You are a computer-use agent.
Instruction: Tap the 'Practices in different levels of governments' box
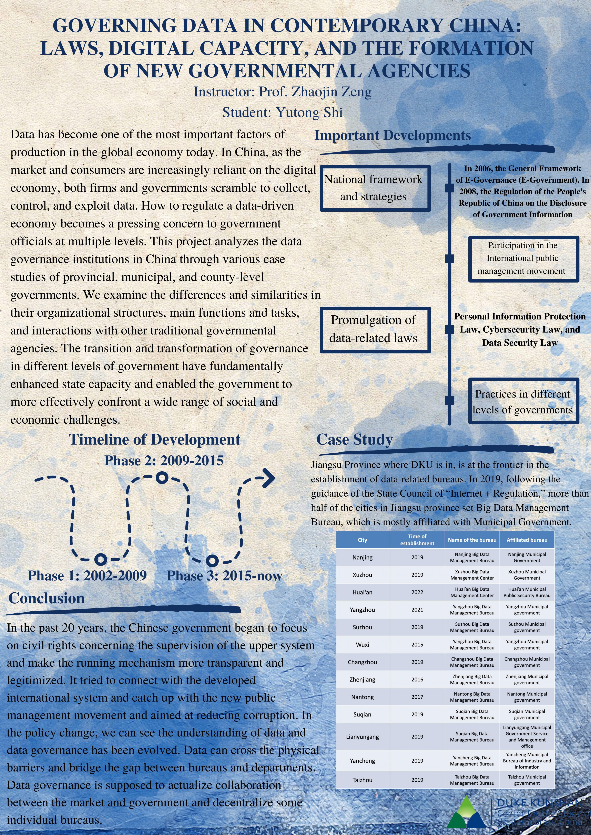click(x=523, y=402)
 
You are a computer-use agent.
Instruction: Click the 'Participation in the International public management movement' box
click(x=523, y=258)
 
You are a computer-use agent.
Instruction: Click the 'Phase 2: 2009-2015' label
click(x=164, y=461)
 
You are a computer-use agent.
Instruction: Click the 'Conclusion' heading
click(x=47, y=598)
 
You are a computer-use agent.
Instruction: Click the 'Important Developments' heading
click(x=392, y=135)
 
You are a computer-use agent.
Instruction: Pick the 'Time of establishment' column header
click(x=417, y=540)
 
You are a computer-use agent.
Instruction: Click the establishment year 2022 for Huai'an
click(x=417, y=592)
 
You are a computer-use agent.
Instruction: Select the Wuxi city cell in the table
click(x=363, y=644)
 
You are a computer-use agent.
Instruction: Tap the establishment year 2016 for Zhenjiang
click(x=417, y=679)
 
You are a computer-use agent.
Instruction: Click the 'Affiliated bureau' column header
click(x=527, y=540)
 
